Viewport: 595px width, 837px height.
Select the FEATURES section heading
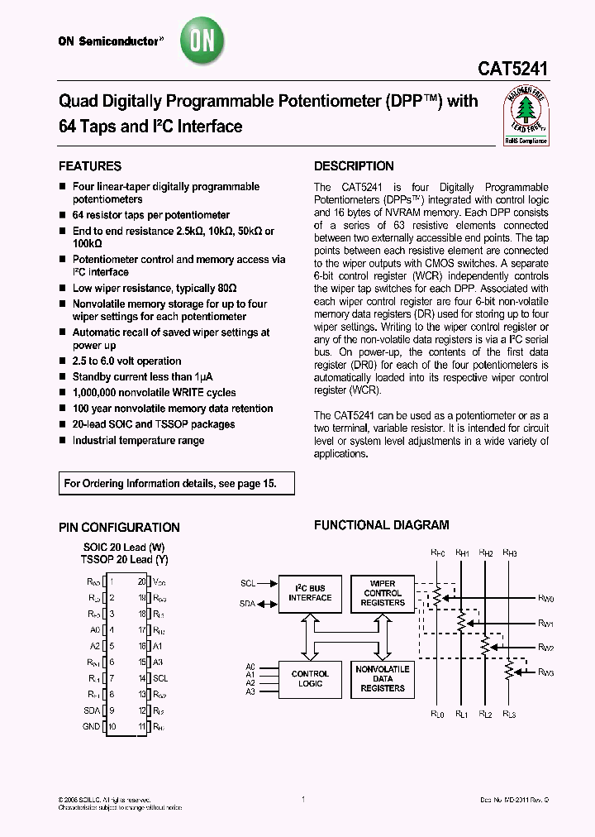(91, 166)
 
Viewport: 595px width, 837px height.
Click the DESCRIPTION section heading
(354, 166)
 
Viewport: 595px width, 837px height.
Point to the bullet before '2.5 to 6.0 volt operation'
(63, 361)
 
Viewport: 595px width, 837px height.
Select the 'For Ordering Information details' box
(177, 483)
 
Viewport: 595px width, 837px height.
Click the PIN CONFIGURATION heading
(119, 528)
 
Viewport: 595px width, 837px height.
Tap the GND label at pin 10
(91, 726)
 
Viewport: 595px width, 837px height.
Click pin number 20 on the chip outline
(141, 581)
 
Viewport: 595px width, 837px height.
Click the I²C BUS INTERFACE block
(310, 592)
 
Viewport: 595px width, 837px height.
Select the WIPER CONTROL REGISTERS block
(383, 593)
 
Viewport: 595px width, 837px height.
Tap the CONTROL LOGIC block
(310, 679)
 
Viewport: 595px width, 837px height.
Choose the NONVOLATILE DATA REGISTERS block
(383, 678)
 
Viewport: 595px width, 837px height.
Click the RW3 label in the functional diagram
(546, 672)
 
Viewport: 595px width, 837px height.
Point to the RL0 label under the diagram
(437, 714)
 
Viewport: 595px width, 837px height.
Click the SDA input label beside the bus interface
(248, 604)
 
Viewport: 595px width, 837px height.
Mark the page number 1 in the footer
(303, 799)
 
